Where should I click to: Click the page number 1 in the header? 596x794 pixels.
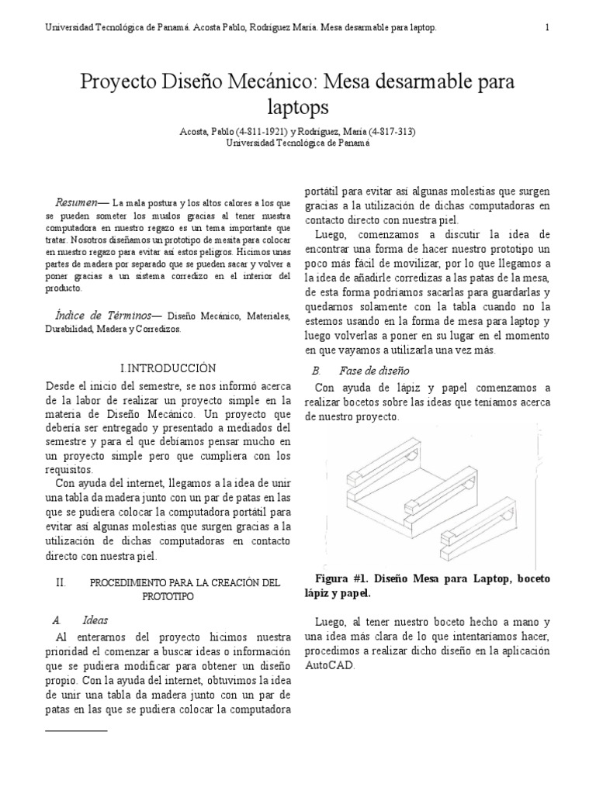click(548, 28)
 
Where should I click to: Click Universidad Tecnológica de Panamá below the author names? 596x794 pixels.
click(298, 143)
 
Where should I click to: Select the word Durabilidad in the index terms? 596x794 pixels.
click(68, 329)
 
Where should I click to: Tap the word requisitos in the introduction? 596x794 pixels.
click(68, 469)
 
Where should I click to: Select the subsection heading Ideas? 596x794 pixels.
click(95, 620)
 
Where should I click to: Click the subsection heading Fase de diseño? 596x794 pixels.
click(383, 371)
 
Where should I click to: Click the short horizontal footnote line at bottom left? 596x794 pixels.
click(76, 730)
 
